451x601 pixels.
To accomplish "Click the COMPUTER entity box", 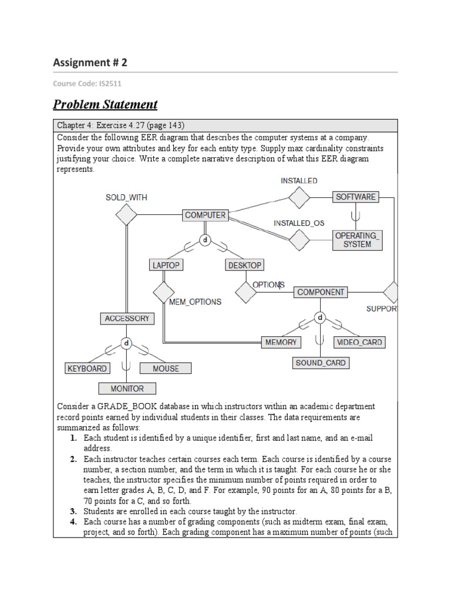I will [205, 215].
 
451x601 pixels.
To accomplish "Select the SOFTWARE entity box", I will [355, 197].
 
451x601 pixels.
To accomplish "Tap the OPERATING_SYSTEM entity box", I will [357, 239].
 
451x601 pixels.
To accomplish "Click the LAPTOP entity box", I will [166, 265].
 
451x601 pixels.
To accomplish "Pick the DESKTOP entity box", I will [244, 265].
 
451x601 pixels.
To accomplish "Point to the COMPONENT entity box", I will [321, 292].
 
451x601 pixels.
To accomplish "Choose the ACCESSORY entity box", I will [127, 319].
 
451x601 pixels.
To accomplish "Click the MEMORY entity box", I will [281, 342].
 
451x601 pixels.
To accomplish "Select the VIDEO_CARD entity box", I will [359, 342].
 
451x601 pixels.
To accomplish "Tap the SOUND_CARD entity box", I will [321, 363].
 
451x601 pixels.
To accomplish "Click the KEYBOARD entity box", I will [87, 369].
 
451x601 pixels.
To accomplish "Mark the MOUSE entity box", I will [166, 369].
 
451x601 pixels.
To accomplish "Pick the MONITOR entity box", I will [127, 389].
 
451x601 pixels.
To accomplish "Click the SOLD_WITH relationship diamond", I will [126, 215].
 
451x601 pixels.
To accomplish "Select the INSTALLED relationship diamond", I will [299, 197].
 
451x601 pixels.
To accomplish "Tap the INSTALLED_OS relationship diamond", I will [299, 239].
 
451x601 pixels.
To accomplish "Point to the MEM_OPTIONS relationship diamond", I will [164, 292].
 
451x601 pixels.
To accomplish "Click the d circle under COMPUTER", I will [205, 240].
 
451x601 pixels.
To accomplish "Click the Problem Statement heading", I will [105, 104].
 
